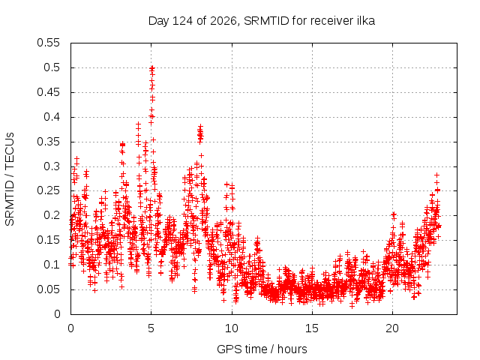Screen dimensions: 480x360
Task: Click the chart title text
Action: (262, 21)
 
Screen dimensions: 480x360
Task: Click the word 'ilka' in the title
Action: (366, 20)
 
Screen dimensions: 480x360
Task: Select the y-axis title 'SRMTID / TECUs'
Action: (10, 179)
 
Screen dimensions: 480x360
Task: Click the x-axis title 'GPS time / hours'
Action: (262, 349)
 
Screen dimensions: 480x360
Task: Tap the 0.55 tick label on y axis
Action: (48, 43)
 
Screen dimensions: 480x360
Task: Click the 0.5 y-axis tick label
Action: (52, 67)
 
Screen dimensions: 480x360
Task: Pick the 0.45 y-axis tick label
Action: (48, 92)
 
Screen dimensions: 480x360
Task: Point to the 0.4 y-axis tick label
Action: (52, 117)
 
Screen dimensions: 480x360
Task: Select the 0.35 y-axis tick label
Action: (48, 142)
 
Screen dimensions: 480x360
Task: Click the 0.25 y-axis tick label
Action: (48, 191)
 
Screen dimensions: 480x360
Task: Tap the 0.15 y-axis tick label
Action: (48, 240)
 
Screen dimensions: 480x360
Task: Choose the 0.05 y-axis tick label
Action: (48, 289)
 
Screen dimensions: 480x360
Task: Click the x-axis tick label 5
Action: (151, 328)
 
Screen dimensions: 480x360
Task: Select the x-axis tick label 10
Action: (232, 328)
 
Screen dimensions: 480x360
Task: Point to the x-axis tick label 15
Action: (312, 328)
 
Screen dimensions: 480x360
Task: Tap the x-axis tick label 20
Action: (392, 328)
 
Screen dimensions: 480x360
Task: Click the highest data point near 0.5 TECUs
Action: (152, 68)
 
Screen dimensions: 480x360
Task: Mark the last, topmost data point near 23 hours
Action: (436, 175)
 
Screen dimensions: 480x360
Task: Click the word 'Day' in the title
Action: (158, 21)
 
